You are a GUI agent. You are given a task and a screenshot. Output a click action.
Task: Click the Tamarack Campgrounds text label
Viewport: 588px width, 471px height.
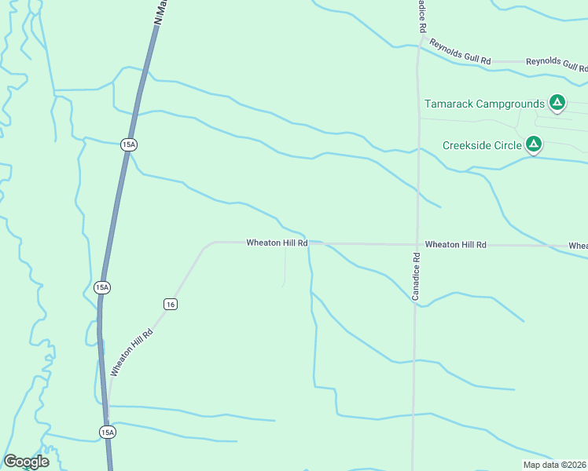coord(484,104)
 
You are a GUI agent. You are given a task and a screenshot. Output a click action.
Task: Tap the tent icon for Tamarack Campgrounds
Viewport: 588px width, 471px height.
coord(557,102)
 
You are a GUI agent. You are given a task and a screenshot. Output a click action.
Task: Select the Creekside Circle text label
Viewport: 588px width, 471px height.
coord(482,145)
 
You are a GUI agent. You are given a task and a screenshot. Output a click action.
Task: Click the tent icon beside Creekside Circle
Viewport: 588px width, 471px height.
coord(534,144)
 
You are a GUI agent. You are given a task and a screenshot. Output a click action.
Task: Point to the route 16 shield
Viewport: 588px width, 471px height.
coord(171,304)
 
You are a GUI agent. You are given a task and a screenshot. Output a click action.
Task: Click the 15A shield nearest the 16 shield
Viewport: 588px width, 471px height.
coord(101,287)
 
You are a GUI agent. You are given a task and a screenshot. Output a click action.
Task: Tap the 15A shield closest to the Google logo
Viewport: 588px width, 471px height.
coord(108,432)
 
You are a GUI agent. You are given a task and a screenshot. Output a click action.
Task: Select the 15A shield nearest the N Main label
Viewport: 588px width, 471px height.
coord(129,144)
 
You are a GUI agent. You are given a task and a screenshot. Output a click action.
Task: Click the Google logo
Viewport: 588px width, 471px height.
coord(26,462)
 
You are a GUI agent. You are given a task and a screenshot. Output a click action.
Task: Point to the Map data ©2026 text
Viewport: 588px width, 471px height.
coord(555,465)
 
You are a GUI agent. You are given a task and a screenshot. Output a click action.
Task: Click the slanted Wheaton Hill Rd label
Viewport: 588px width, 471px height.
coord(130,352)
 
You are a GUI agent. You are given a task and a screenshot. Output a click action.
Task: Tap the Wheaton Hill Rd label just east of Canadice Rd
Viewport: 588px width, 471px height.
coord(456,245)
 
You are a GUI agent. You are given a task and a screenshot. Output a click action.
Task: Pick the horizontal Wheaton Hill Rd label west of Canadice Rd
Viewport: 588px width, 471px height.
coord(277,243)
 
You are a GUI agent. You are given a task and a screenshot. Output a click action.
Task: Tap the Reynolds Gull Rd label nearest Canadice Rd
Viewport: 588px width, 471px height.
coord(460,50)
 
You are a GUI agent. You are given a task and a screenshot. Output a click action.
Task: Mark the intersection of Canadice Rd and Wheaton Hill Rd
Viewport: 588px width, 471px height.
coord(416,244)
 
